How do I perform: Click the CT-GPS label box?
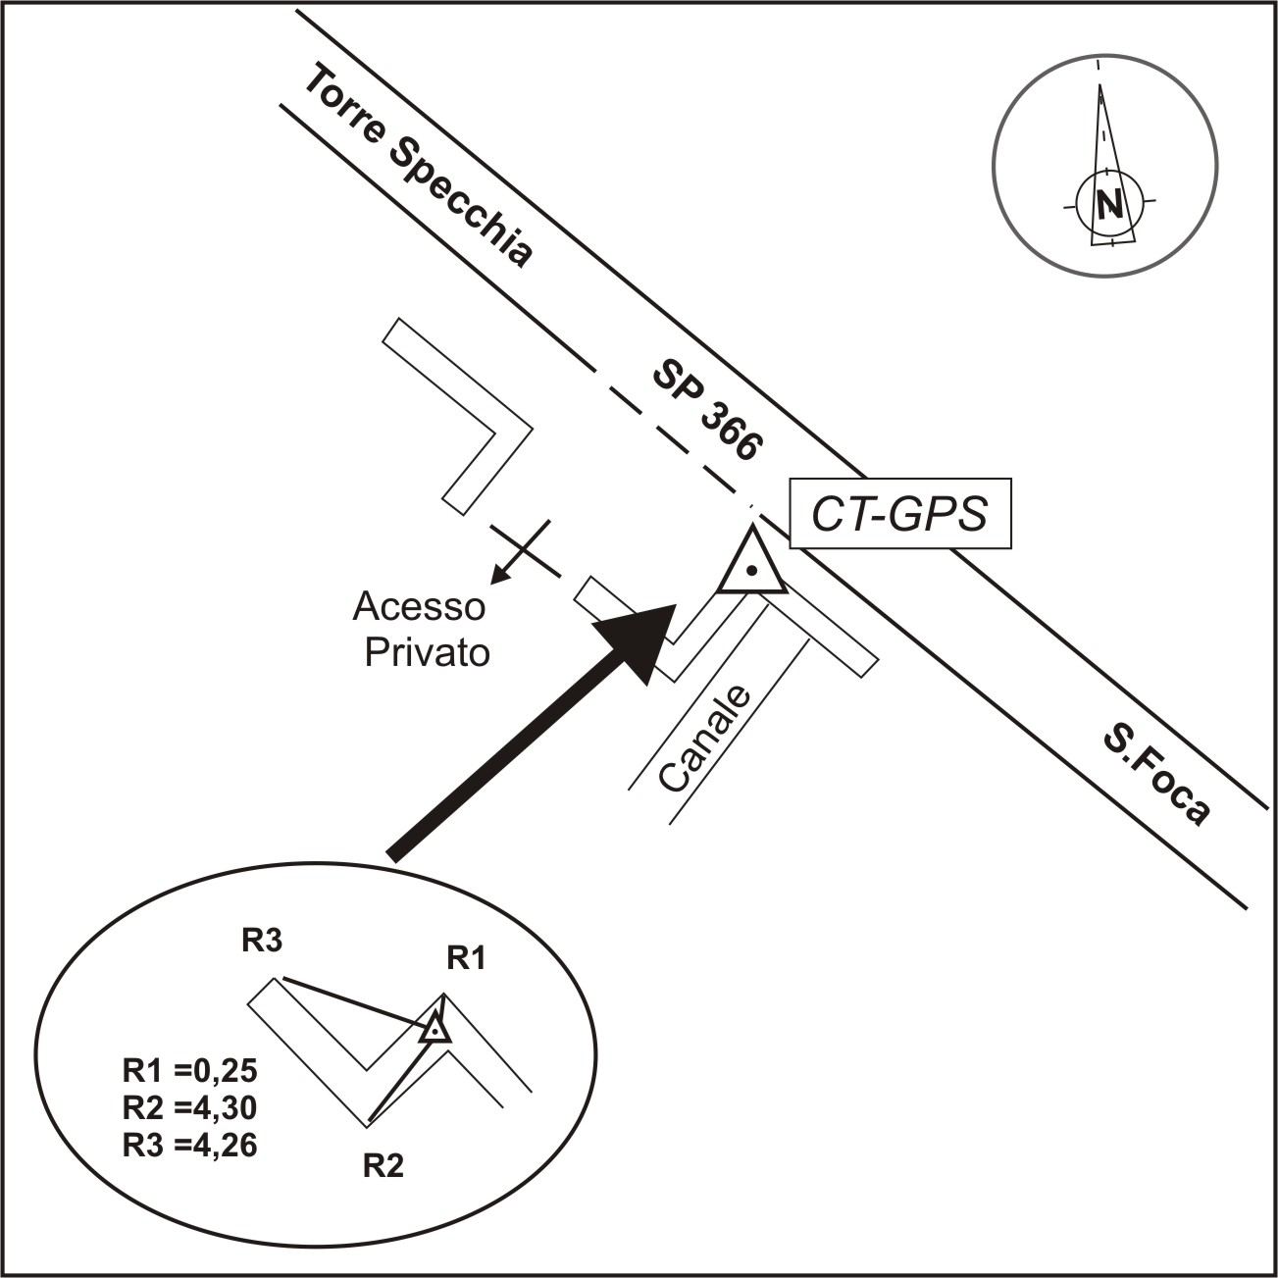coord(899,514)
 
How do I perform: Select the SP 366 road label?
coord(706,410)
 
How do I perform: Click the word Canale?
coord(705,740)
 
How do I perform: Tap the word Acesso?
coord(419,606)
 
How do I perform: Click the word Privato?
coord(427,652)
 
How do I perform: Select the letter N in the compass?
coord(1109,204)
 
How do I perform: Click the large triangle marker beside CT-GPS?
coord(751,564)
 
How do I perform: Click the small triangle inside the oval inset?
coord(434,1029)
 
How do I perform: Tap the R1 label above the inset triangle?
coord(466,958)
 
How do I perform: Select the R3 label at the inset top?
coord(263,942)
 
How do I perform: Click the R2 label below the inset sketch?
coord(383,1166)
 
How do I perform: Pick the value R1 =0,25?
coord(189,1070)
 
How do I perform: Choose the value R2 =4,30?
coord(189,1107)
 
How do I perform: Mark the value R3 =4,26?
coord(189,1145)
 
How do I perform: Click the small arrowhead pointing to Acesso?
coord(498,578)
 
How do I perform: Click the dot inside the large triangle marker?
coord(751,570)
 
